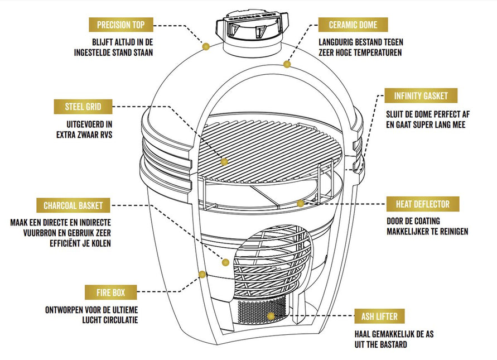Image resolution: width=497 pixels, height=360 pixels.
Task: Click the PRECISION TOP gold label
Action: pyautogui.click(x=121, y=25)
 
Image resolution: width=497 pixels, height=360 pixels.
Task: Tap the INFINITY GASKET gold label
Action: pyautogui.click(x=421, y=95)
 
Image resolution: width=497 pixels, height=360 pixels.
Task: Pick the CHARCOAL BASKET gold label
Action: pyautogui.click(x=73, y=205)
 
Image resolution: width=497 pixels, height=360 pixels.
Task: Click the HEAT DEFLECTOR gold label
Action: pyautogui.click(x=422, y=203)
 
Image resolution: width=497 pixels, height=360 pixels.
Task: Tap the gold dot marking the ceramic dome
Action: pyautogui.click(x=287, y=64)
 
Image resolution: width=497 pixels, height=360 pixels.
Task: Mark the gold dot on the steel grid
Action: pyautogui.click(x=224, y=162)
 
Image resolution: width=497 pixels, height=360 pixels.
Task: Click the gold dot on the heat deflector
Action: pyautogui.click(x=300, y=203)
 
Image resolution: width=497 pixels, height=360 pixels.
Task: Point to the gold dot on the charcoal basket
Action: pyautogui.click(x=226, y=261)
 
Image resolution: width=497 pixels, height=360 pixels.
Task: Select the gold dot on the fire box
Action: pyautogui.click(x=201, y=273)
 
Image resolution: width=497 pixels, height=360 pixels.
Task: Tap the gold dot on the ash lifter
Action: pyautogui.click(x=271, y=316)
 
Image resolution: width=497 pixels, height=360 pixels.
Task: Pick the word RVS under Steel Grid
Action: pyautogui.click(x=104, y=134)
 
